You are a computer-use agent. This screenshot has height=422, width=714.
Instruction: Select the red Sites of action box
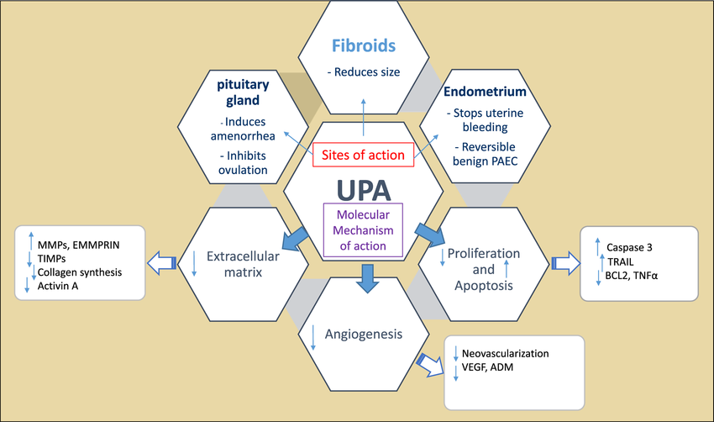363,153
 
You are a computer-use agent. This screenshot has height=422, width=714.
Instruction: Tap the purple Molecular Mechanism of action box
363,228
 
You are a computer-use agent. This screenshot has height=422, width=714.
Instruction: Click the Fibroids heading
363,44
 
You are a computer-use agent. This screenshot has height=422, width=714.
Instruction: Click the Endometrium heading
486,91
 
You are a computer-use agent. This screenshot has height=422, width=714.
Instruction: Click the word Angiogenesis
364,335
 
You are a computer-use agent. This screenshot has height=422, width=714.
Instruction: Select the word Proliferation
484,253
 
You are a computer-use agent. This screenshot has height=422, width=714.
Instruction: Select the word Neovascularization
505,354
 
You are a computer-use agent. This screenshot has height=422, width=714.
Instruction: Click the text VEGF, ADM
489,368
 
